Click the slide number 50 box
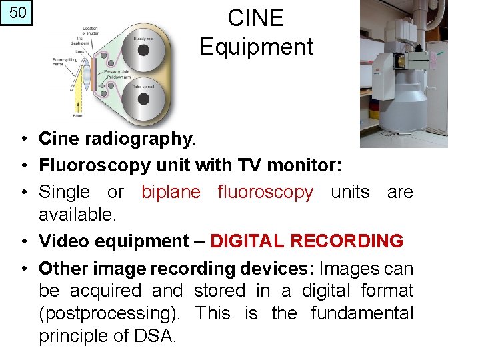[x=17, y=13]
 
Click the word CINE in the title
[x=255, y=18]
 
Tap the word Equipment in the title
[x=256, y=47]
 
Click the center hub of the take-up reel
[x=143, y=99]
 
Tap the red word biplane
[x=171, y=192]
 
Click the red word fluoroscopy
[x=265, y=192]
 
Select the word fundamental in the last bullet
[x=362, y=313]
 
